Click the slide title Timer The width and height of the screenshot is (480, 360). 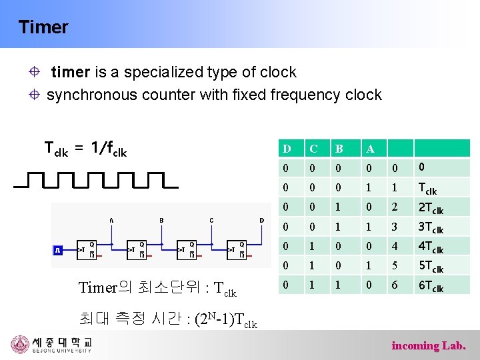(x=43, y=27)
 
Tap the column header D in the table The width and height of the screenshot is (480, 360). (x=287, y=148)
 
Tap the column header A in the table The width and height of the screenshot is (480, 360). (x=370, y=148)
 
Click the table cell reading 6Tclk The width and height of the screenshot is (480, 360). (x=431, y=286)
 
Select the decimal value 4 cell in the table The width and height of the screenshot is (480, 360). (x=394, y=247)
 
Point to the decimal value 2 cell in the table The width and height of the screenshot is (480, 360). (x=394, y=207)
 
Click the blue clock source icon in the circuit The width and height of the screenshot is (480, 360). (x=57, y=250)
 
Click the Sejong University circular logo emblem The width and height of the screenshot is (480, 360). (x=21, y=344)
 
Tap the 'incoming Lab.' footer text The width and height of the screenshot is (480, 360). (x=429, y=345)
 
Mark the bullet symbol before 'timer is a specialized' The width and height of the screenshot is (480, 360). (x=37, y=72)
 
